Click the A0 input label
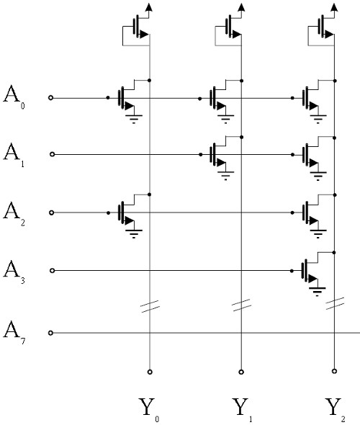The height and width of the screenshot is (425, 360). [14, 97]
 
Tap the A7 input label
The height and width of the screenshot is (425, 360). [14, 333]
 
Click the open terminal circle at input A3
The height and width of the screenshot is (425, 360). [53, 271]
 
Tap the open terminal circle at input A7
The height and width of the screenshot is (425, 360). [50, 333]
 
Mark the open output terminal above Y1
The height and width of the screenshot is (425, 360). [241, 372]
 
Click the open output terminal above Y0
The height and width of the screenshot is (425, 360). [150, 372]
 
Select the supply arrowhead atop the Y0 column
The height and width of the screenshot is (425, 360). [149, 7]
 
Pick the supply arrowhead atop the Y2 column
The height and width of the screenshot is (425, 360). [335, 7]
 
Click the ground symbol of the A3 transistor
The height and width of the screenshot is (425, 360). [318, 292]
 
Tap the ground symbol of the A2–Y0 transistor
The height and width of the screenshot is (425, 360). [134, 234]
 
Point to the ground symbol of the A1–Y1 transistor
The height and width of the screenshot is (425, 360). [225, 176]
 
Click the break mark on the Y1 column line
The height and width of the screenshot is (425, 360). [241, 305]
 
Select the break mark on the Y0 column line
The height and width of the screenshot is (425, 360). [150, 307]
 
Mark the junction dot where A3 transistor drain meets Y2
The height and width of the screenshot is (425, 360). [334, 253]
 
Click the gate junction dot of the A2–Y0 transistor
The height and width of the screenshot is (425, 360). [108, 213]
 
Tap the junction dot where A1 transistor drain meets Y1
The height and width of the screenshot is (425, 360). [242, 138]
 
